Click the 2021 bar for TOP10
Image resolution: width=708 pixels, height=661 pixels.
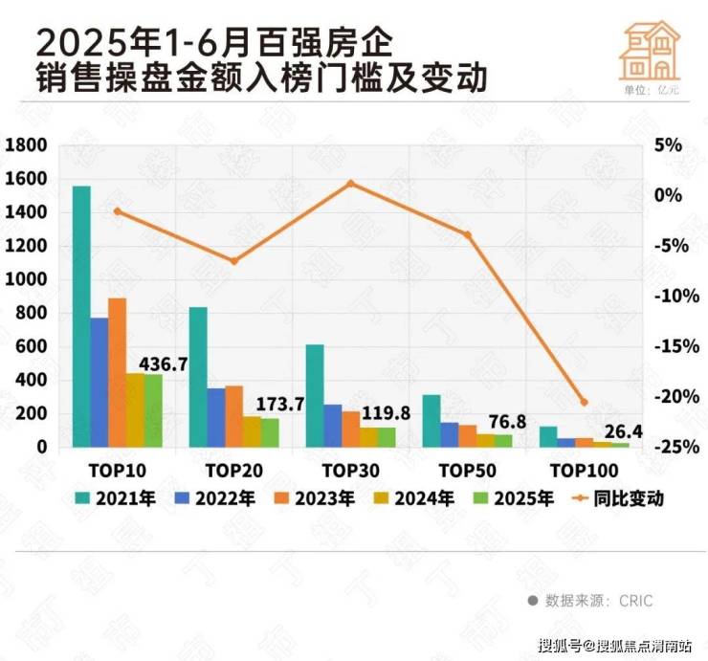(x=81, y=316)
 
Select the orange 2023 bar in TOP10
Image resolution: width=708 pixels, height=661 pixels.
(x=117, y=372)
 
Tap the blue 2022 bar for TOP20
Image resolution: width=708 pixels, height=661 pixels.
(x=215, y=417)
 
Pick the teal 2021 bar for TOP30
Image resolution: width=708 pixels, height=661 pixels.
(x=315, y=395)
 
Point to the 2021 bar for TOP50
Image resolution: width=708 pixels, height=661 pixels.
(x=431, y=421)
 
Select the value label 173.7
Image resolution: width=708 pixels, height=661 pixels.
(x=281, y=405)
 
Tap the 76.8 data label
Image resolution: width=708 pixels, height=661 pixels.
(x=516, y=421)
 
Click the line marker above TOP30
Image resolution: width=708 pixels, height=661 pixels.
(x=350, y=183)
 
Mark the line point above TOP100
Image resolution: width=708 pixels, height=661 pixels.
(x=585, y=402)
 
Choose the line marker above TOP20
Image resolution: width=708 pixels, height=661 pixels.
(x=233, y=261)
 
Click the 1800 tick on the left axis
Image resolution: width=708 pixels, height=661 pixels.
(x=26, y=145)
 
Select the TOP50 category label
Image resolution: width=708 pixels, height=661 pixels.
(x=467, y=471)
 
